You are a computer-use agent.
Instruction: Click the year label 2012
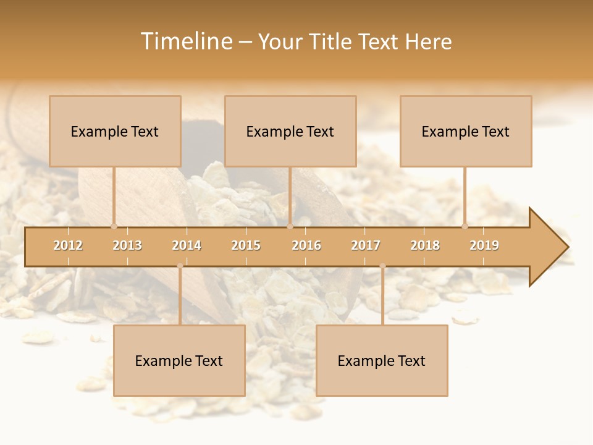pyautogui.click(x=68, y=245)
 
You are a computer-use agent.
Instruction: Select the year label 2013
pyautogui.click(x=127, y=245)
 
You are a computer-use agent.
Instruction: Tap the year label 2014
pyautogui.click(x=187, y=245)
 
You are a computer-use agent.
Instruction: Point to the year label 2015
pyautogui.click(x=246, y=245)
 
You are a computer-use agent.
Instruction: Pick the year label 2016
pyautogui.click(x=306, y=245)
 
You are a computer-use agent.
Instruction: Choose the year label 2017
pyautogui.click(x=366, y=245)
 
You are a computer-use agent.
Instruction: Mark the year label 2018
pyautogui.click(x=425, y=245)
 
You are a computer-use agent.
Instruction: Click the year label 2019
pyautogui.click(x=484, y=245)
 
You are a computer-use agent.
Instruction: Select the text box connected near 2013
pyautogui.click(x=115, y=131)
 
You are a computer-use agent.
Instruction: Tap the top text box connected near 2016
pyautogui.click(x=290, y=131)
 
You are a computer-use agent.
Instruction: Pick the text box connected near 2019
pyautogui.click(x=466, y=131)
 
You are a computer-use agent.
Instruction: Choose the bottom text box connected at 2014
pyautogui.click(x=179, y=360)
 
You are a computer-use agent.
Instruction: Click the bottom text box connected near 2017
pyautogui.click(x=382, y=360)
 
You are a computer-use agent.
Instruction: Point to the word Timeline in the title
pyautogui.click(x=186, y=41)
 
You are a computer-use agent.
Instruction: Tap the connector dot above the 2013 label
pyautogui.click(x=114, y=226)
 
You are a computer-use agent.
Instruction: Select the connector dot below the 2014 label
pyautogui.click(x=180, y=266)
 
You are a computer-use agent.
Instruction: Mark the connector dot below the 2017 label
pyautogui.click(x=382, y=266)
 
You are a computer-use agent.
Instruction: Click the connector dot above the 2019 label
pyautogui.click(x=465, y=226)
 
